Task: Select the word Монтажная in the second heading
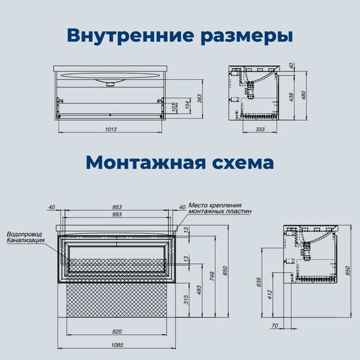point(146,162)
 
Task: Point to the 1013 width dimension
point(111,128)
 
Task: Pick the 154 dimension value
point(187,104)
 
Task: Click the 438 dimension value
point(292,97)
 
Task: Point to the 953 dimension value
point(117,207)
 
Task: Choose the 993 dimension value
point(117,215)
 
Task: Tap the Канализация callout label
point(26,241)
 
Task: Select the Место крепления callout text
point(215,205)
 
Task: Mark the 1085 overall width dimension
point(117,345)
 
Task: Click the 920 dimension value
point(117,331)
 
